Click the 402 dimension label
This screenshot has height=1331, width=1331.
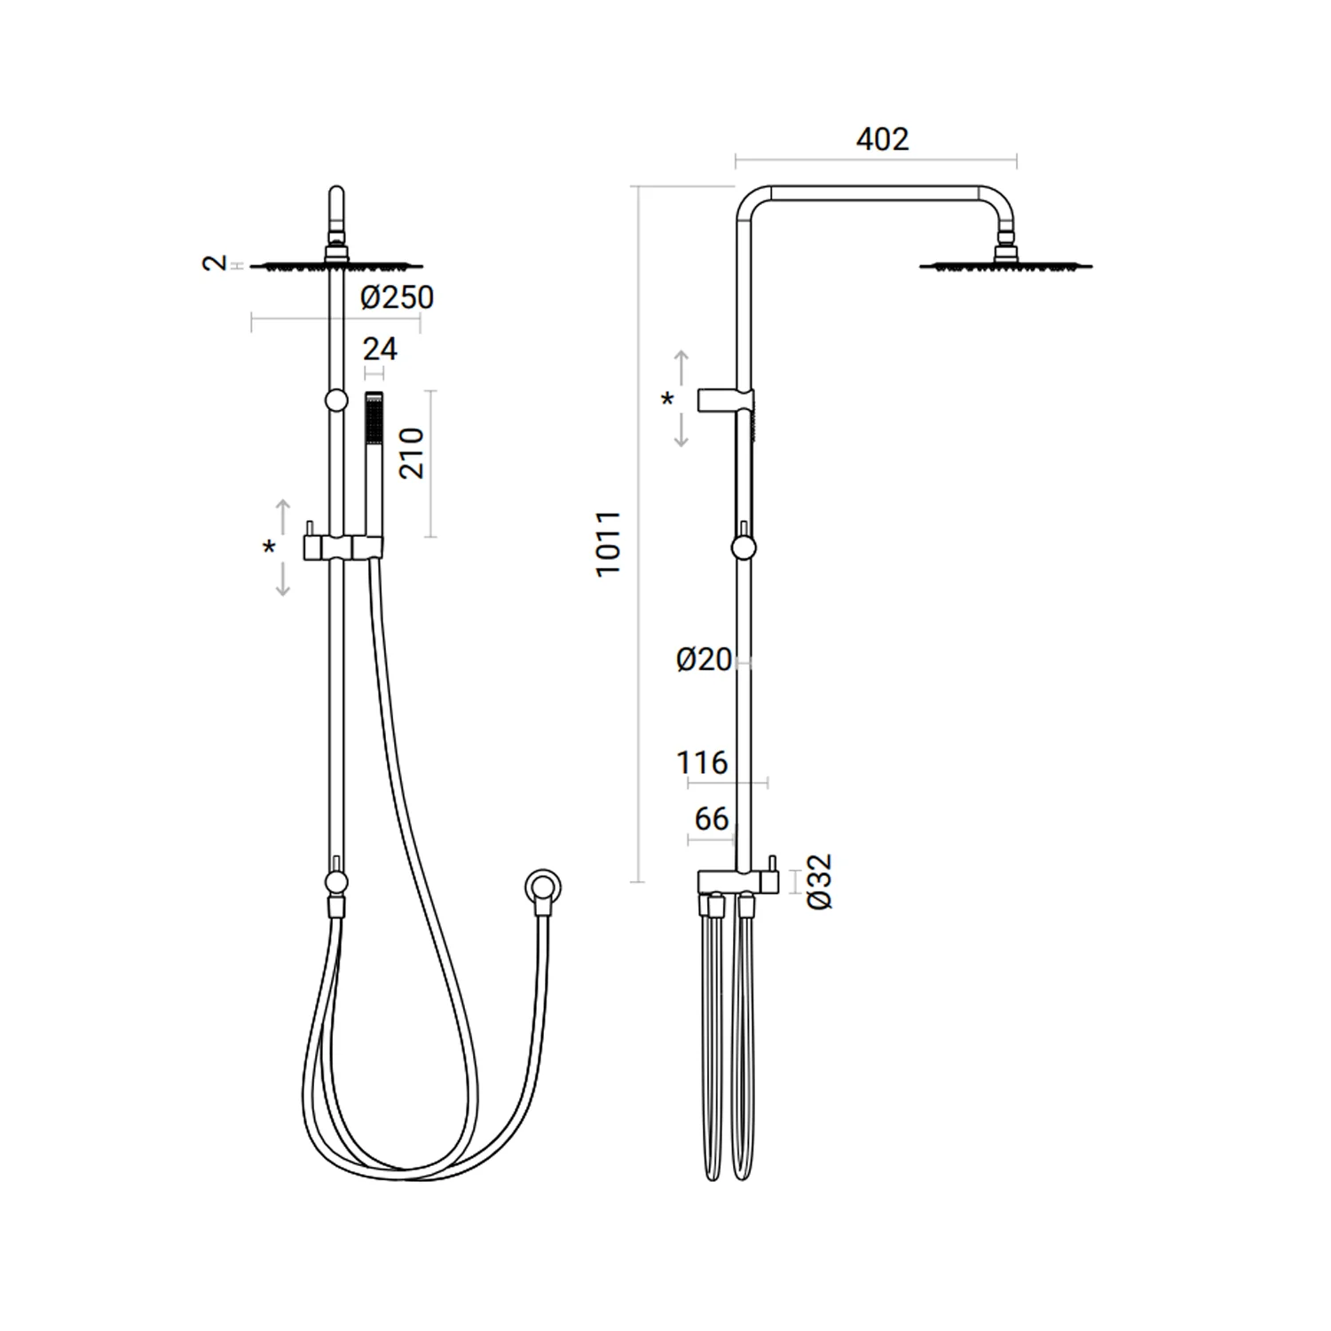pyautogui.click(x=882, y=139)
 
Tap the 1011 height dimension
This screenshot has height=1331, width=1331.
pyautogui.click(x=609, y=544)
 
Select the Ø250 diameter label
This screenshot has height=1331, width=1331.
pyautogui.click(x=398, y=297)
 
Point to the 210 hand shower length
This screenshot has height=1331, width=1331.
pyautogui.click(x=412, y=453)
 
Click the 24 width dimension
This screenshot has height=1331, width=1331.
pyautogui.click(x=380, y=349)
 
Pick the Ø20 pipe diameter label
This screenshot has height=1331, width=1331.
pyautogui.click(x=704, y=659)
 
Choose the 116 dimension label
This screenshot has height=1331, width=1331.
pyautogui.click(x=702, y=762)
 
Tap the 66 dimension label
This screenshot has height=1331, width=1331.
pyautogui.click(x=712, y=818)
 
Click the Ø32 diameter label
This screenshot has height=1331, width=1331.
pyautogui.click(x=820, y=881)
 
